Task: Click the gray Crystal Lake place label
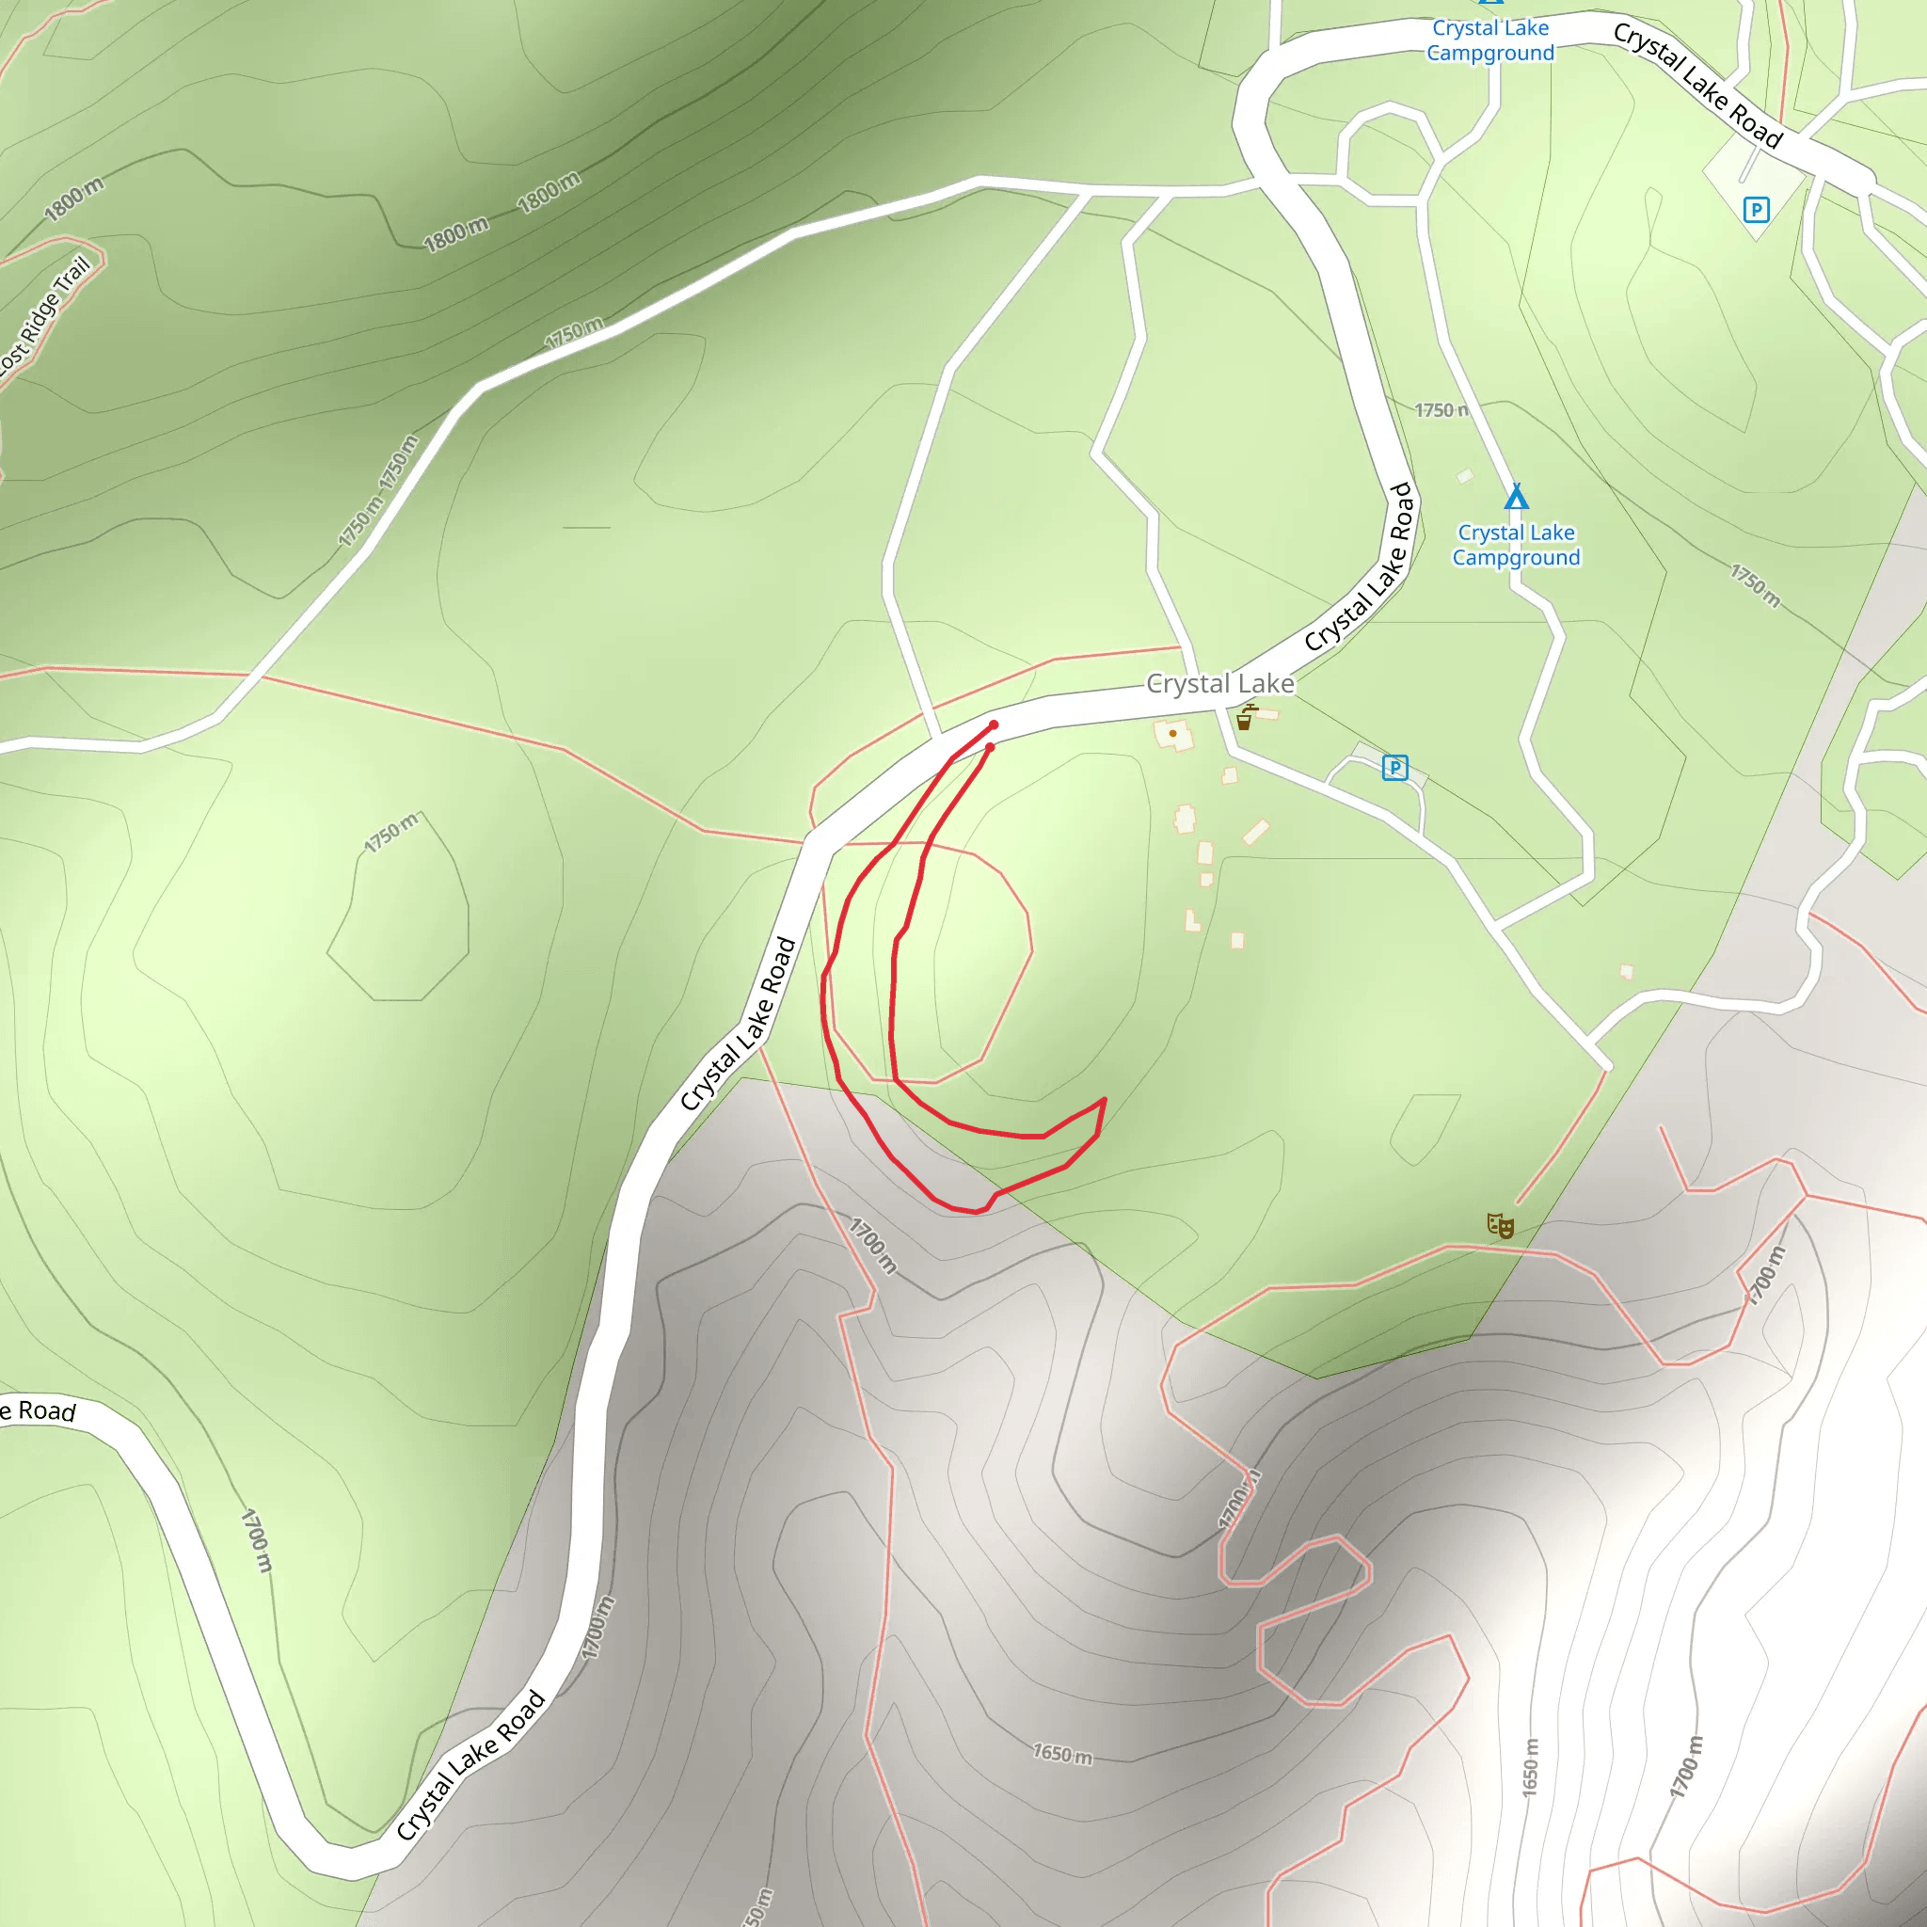(x=1219, y=683)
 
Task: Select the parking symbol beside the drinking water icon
(x=1394, y=767)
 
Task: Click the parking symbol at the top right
(x=1756, y=210)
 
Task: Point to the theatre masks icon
(x=1500, y=1225)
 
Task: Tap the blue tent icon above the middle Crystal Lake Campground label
(x=1516, y=496)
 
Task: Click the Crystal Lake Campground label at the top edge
(x=1490, y=40)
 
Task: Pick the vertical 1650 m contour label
(x=1530, y=1767)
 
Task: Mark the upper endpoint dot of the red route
(x=994, y=725)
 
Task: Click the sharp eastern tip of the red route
(x=1104, y=1099)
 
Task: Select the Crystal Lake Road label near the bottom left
(x=470, y=1764)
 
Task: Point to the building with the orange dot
(x=1173, y=735)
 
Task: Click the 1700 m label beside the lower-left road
(x=256, y=1540)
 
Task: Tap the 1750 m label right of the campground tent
(x=1755, y=585)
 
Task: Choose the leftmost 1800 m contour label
(x=72, y=199)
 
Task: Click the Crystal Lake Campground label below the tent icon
(x=1516, y=545)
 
